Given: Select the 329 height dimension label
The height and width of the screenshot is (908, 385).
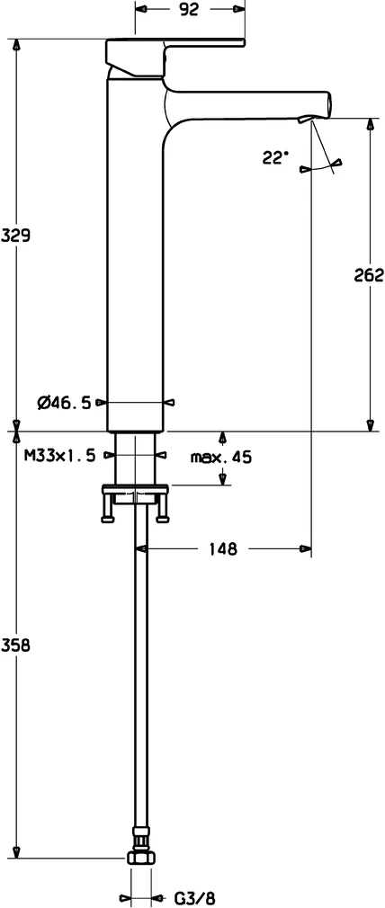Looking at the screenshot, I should pyautogui.click(x=15, y=236).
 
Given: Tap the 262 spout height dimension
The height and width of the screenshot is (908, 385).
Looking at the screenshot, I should pyautogui.click(x=369, y=275).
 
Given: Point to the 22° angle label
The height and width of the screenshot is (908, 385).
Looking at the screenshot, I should pyautogui.click(x=275, y=157).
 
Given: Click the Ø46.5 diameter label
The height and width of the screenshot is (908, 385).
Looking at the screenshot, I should pyautogui.click(x=64, y=403).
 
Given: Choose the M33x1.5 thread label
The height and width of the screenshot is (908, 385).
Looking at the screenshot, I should pyautogui.click(x=59, y=456).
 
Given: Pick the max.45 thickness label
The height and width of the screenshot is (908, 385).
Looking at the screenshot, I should pyautogui.click(x=220, y=457).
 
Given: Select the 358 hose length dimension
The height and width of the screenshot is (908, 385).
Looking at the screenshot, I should pyautogui.click(x=15, y=645).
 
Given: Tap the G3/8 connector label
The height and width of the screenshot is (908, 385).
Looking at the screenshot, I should pyautogui.click(x=194, y=897).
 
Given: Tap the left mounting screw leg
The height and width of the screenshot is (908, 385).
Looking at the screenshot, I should pyautogui.click(x=110, y=510).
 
